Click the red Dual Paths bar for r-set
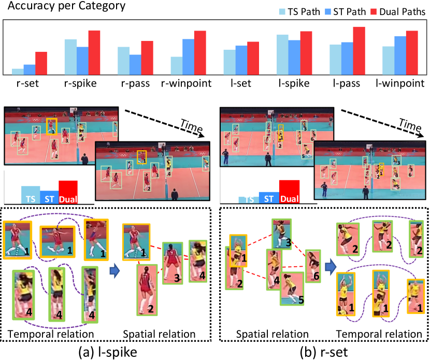click(x=40, y=63)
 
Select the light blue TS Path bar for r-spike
click(x=70, y=56)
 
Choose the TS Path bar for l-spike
click(x=282, y=54)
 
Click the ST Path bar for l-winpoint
click(x=399, y=55)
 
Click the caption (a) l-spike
click(x=102, y=350)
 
